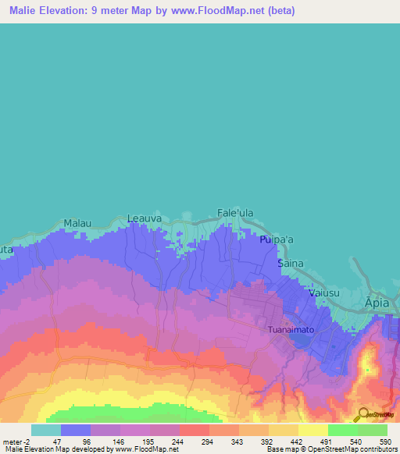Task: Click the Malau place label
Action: pyautogui.click(x=77, y=223)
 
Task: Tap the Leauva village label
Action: pyautogui.click(x=144, y=218)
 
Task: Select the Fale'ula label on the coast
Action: pyautogui.click(x=235, y=213)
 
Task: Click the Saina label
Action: pyautogui.click(x=291, y=264)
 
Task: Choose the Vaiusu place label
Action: pyautogui.click(x=323, y=293)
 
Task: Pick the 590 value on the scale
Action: pyautogui.click(x=384, y=442)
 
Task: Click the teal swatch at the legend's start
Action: pyautogui.click(x=46, y=430)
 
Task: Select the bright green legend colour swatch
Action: pyautogui.click(x=343, y=430)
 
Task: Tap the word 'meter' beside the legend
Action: pyautogui.click(x=12, y=442)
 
